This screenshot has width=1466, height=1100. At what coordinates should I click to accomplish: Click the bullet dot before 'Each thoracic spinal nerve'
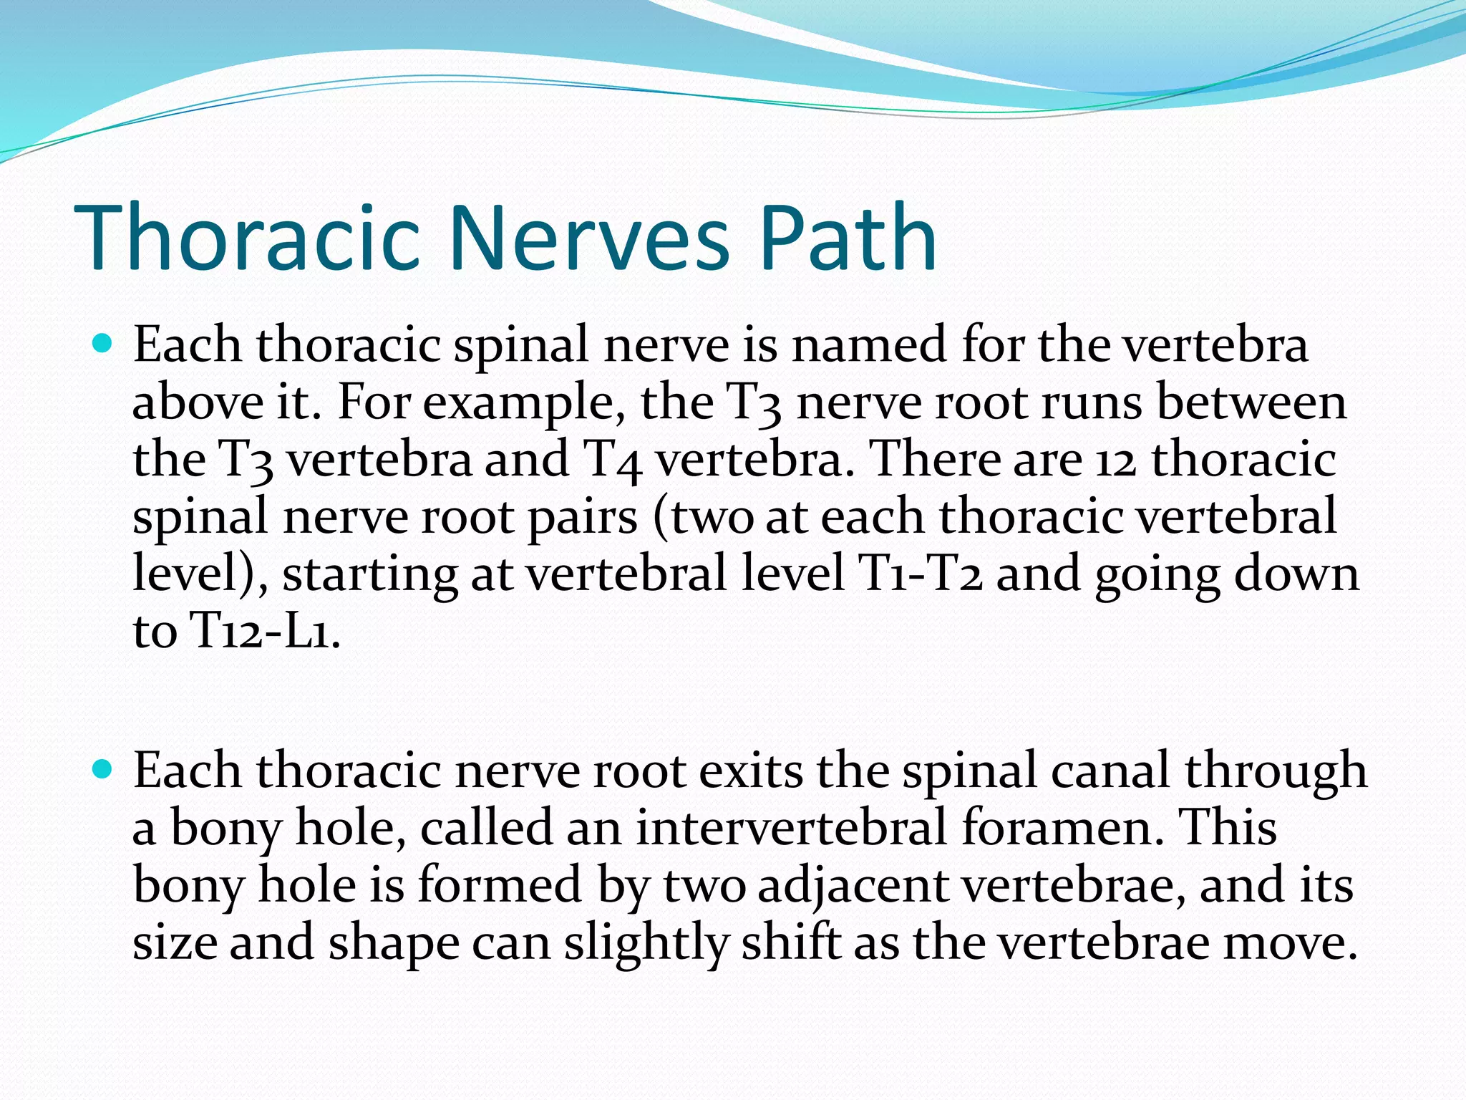pos(103,344)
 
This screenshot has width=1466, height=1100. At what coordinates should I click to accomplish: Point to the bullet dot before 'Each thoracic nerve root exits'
pos(103,770)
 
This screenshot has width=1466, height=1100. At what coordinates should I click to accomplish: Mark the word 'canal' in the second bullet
pos(1110,771)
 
